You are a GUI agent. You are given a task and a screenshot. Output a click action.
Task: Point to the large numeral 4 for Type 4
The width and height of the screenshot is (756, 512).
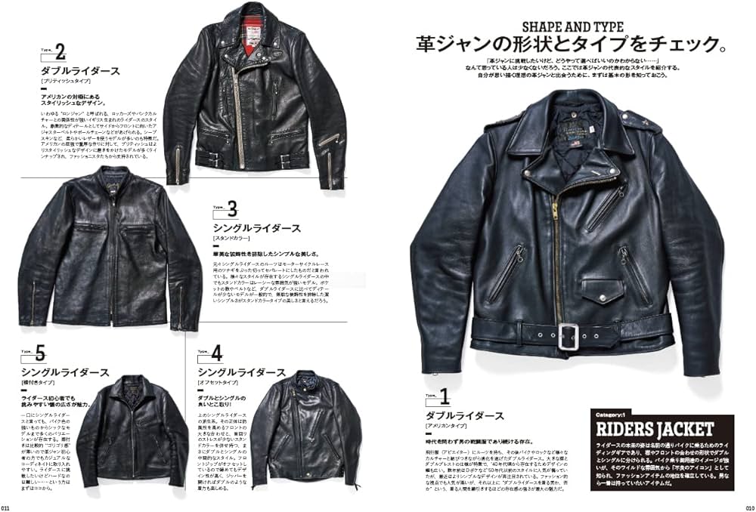(x=217, y=353)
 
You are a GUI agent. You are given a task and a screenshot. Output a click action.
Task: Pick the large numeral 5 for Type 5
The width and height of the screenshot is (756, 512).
(x=40, y=353)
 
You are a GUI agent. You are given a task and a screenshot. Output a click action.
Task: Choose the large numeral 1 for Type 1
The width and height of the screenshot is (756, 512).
(x=445, y=395)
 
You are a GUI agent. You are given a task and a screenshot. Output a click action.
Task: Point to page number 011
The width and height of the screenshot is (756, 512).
(x=6, y=507)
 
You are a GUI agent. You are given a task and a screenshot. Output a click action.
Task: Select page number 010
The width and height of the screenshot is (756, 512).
(x=749, y=507)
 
